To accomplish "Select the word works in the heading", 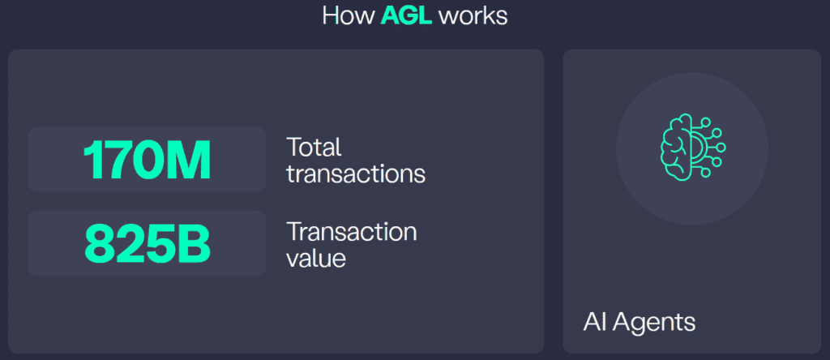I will [x=473, y=16].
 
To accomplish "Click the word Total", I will [x=314, y=148].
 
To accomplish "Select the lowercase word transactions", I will [x=355, y=173].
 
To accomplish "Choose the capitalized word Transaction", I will [x=351, y=232].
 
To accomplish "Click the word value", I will [x=316, y=258].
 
